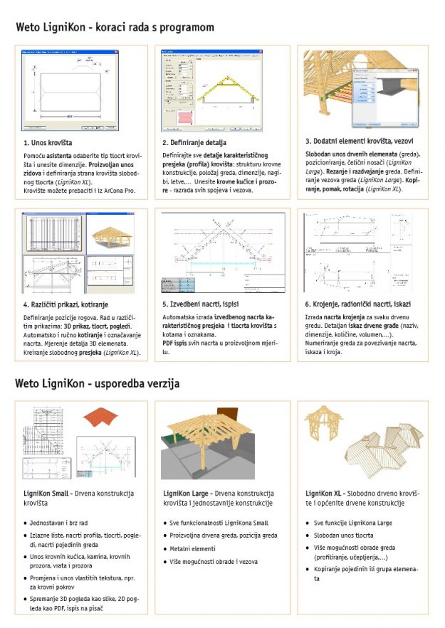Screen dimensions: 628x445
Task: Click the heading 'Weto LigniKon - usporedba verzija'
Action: [97, 383]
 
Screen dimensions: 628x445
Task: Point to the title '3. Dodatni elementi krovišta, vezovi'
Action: [359, 141]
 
